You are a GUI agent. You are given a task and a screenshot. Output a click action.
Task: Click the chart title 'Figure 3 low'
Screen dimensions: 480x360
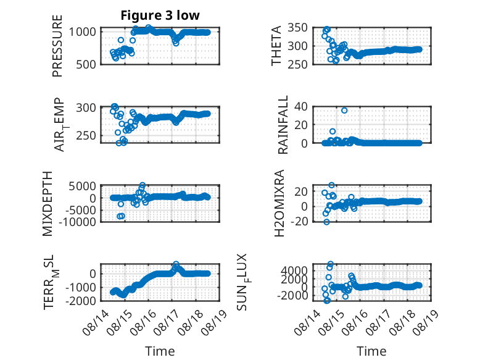pos(160,15)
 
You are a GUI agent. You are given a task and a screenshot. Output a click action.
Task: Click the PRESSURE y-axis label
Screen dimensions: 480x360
pos(57,46)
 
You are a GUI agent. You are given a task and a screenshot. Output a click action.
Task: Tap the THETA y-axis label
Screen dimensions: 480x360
pos(276,46)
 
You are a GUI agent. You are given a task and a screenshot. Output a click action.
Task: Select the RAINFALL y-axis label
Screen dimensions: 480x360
pos(283,124)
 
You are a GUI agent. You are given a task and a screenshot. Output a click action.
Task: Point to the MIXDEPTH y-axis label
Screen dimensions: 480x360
pos(48,204)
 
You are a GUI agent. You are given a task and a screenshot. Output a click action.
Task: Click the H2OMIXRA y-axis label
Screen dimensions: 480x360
pos(279,203)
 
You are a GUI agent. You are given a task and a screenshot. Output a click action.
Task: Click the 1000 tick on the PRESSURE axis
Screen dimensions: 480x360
pos(82,31)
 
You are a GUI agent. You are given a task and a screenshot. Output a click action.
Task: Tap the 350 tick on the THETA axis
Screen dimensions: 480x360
pos(297,28)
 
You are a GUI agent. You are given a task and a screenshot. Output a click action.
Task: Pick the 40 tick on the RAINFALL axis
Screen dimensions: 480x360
pos(301,107)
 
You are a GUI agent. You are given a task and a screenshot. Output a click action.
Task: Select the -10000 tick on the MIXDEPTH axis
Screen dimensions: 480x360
pos(78,222)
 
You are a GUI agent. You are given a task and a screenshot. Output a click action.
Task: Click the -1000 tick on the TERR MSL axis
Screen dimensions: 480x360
pos(81,287)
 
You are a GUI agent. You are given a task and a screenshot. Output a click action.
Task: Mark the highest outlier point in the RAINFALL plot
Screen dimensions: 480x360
pos(344,111)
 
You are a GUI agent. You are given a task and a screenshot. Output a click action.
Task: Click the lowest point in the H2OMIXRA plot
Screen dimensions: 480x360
pos(326,222)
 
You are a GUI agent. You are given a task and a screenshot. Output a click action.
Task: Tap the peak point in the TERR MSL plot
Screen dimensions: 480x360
pos(176,264)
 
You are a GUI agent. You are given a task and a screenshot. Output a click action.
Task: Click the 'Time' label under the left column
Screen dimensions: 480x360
pos(160,351)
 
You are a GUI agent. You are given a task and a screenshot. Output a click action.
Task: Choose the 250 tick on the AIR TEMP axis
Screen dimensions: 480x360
pos(86,135)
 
